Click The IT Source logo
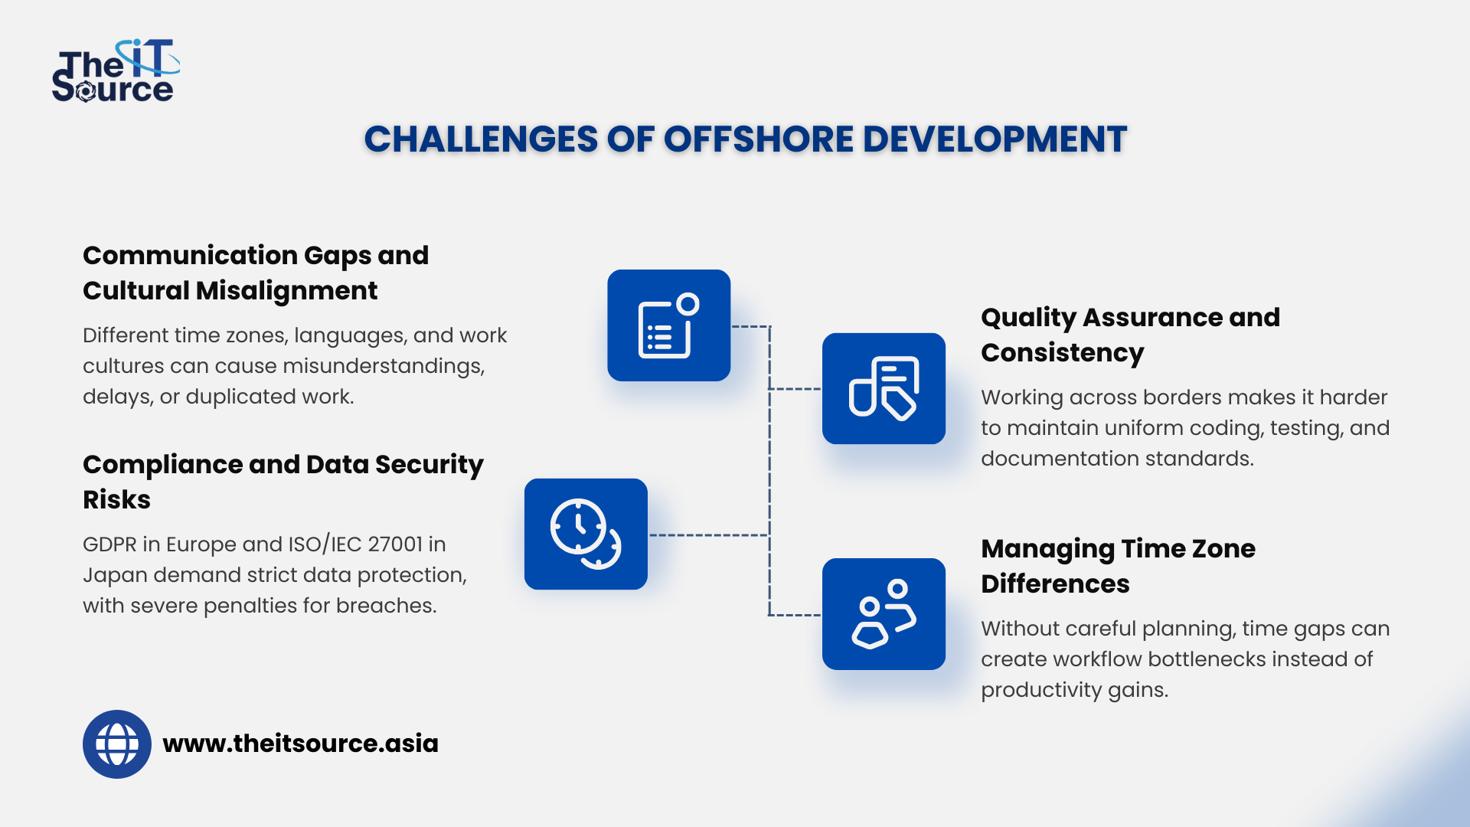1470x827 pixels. (x=115, y=71)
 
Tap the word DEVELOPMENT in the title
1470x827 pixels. (x=995, y=139)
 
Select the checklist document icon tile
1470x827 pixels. (x=668, y=325)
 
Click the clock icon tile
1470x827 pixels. (x=586, y=534)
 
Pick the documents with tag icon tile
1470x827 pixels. (x=884, y=388)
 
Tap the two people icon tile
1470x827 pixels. (x=884, y=614)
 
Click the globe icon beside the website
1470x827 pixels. (x=117, y=744)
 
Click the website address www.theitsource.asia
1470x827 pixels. (x=300, y=744)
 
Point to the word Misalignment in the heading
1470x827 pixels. (x=286, y=291)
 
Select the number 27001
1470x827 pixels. (x=395, y=544)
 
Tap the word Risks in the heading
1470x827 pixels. (x=116, y=500)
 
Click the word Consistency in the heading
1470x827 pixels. (x=1062, y=353)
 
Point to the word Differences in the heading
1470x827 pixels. (x=1055, y=584)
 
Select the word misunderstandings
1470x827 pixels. (x=383, y=366)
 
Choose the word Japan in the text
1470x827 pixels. (x=115, y=575)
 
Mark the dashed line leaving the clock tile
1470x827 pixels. (x=708, y=535)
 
